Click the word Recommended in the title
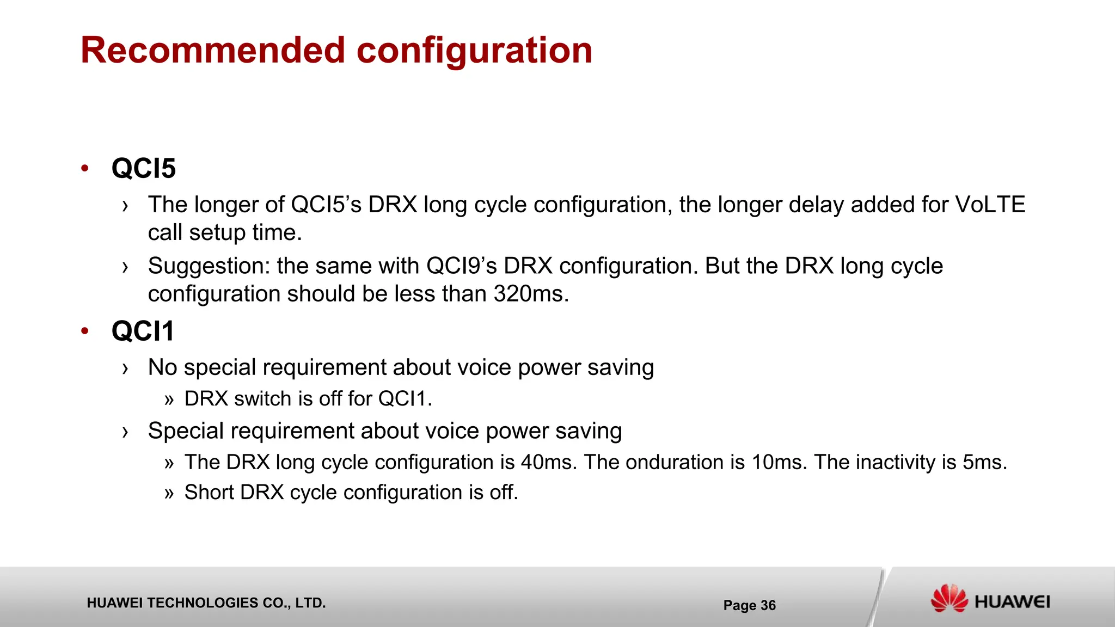click(213, 50)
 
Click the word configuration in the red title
click(474, 50)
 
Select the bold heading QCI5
click(144, 168)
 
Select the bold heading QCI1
click(143, 331)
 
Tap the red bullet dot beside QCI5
click(84, 168)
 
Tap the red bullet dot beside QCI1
click(84, 331)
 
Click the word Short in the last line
click(209, 492)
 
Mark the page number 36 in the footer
click(768, 605)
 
